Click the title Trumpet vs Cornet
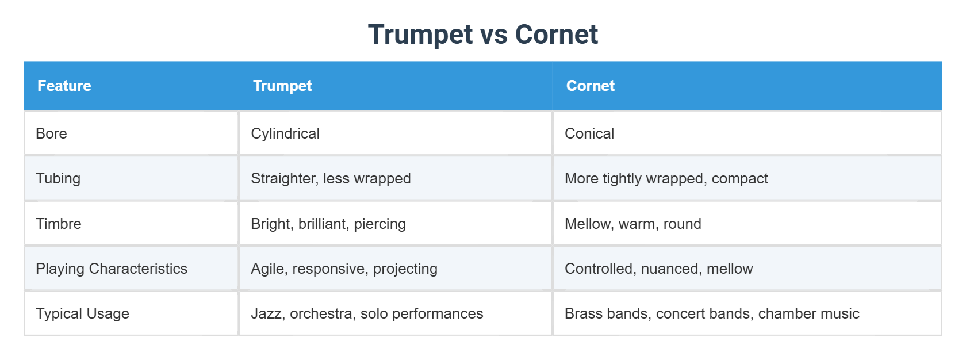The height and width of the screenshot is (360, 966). [482, 35]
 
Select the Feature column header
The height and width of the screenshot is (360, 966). [64, 86]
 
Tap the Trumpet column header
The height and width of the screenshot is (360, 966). [282, 86]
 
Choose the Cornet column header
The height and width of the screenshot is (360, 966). [590, 86]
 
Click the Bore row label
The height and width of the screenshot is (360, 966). [51, 133]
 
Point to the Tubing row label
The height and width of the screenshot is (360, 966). [58, 178]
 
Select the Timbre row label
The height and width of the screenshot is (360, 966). [59, 224]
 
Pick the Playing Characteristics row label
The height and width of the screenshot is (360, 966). [112, 269]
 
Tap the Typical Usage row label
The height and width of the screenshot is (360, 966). [82, 313]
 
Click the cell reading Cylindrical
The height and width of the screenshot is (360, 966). [285, 133]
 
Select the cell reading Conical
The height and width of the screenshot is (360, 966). [589, 133]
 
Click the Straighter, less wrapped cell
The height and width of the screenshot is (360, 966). [331, 178]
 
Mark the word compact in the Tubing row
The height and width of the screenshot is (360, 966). [739, 179]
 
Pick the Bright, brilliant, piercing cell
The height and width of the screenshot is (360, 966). [328, 224]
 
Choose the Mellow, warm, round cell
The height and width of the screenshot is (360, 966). [632, 224]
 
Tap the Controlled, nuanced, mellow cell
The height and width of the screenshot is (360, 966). [658, 269]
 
